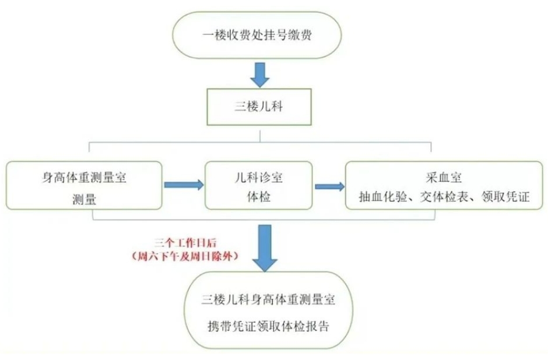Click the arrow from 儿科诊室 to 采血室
click(x=329, y=187)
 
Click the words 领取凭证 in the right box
click(x=504, y=197)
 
